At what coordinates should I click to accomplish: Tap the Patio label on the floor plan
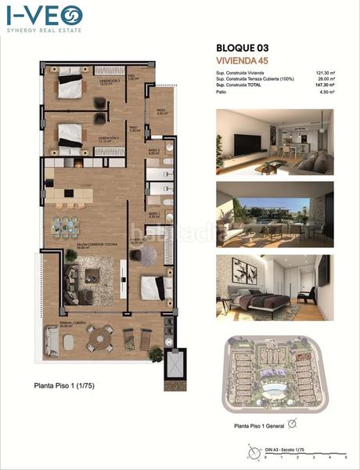(x=160, y=112)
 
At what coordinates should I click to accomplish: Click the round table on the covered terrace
(x=100, y=338)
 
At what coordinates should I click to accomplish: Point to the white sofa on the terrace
(x=52, y=341)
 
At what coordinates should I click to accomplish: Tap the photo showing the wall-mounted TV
(x=274, y=142)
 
